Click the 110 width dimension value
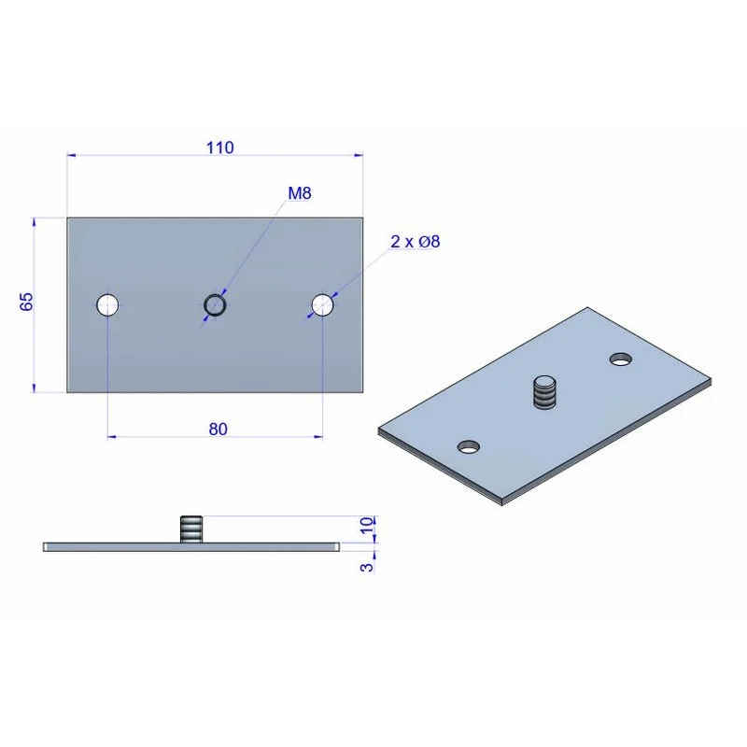coord(220,148)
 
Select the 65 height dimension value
coord(27,302)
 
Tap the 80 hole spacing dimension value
coord(218,430)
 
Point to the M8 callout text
coord(300,193)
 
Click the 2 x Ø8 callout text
coord(415,242)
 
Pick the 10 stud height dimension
coord(367,525)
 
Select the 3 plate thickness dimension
coord(367,567)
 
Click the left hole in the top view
coord(107,305)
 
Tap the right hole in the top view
coord(322,305)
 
